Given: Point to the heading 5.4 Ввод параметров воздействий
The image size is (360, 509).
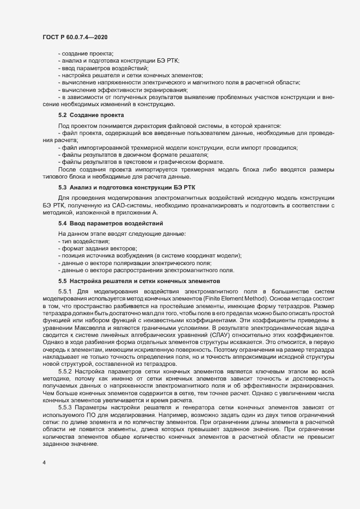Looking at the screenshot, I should (x=106, y=224).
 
